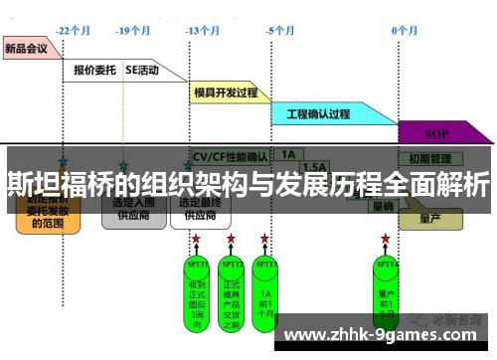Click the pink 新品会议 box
(28, 47)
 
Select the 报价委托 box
(95, 71)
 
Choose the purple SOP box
(436, 132)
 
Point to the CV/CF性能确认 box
(230, 156)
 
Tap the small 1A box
(288, 155)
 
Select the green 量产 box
(429, 217)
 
